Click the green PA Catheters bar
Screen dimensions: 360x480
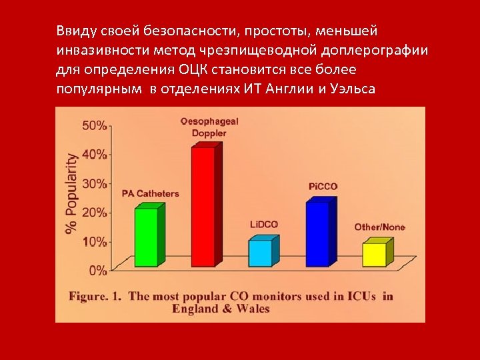[x=146, y=237]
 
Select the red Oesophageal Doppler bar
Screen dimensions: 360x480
[x=203, y=207]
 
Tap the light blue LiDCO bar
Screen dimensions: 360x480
[x=260, y=253]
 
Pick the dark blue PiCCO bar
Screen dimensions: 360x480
[x=317, y=234]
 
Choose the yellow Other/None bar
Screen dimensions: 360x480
[x=374, y=255]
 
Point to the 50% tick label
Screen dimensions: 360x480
[x=94, y=125]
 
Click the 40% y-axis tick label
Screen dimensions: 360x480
[x=94, y=154]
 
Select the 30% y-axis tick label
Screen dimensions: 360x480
[x=94, y=183]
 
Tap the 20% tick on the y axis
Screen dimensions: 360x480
[x=94, y=212]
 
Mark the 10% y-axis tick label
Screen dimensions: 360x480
[x=94, y=241]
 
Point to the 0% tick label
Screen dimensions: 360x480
[x=97, y=270]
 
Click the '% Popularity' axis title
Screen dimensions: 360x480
[x=71, y=194]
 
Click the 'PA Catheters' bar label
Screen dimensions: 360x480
[x=150, y=194]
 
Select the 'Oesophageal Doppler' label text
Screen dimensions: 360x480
[x=209, y=127]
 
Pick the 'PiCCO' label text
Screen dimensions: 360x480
[x=323, y=186]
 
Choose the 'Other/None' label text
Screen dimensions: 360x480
[x=379, y=227]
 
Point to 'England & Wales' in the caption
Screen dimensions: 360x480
[x=221, y=309]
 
